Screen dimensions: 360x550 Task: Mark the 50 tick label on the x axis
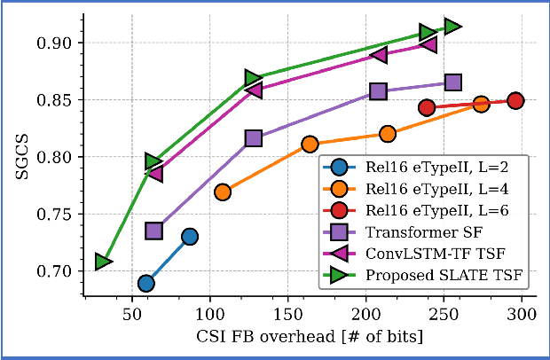(x=133, y=316)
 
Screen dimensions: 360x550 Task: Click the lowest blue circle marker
(x=146, y=283)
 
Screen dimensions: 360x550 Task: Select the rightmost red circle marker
(x=515, y=101)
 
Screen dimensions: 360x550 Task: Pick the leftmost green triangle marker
(x=103, y=262)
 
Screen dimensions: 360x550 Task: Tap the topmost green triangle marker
(x=452, y=27)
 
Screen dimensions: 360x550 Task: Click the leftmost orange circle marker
(x=223, y=192)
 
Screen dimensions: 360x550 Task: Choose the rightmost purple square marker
(x=453, y=82)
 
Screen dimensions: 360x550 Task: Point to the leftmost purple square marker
(x=153, y=231)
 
